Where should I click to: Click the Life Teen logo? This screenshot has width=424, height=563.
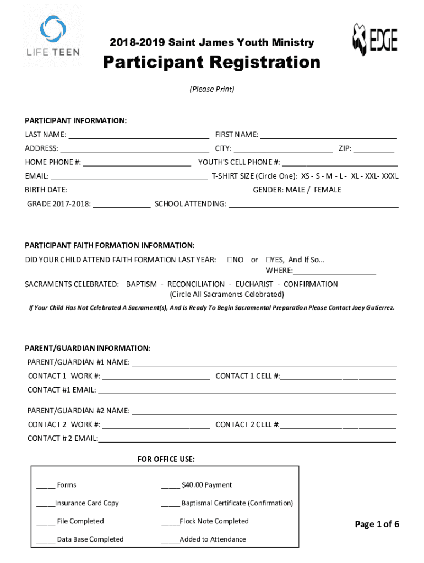[x=53, y=36]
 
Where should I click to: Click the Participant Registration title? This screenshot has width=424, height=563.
[x=212, y=62]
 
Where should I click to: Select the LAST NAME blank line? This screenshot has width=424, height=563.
[x=138, y=135]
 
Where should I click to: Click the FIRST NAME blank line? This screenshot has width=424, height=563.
[x=328, y=135]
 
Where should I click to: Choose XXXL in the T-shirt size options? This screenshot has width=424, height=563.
[x=390, y=176]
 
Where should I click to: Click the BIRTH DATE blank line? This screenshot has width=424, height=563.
[x=157, y=190]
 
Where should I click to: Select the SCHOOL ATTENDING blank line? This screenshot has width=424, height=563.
[x=313, y=205]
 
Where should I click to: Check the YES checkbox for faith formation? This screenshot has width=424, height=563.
[x=268, y=260]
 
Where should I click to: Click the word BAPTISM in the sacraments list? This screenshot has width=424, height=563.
[x=142, y=284]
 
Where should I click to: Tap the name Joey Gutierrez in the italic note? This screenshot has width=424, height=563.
[x=373, y=308]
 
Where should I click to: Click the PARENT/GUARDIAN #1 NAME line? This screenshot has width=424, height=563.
[x=264, y=362]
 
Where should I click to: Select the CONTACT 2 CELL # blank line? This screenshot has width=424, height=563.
[x=338, y=425]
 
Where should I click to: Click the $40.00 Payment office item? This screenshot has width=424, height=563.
[x=206, y=485]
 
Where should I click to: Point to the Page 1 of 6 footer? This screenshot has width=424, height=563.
[x=377, y=524]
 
